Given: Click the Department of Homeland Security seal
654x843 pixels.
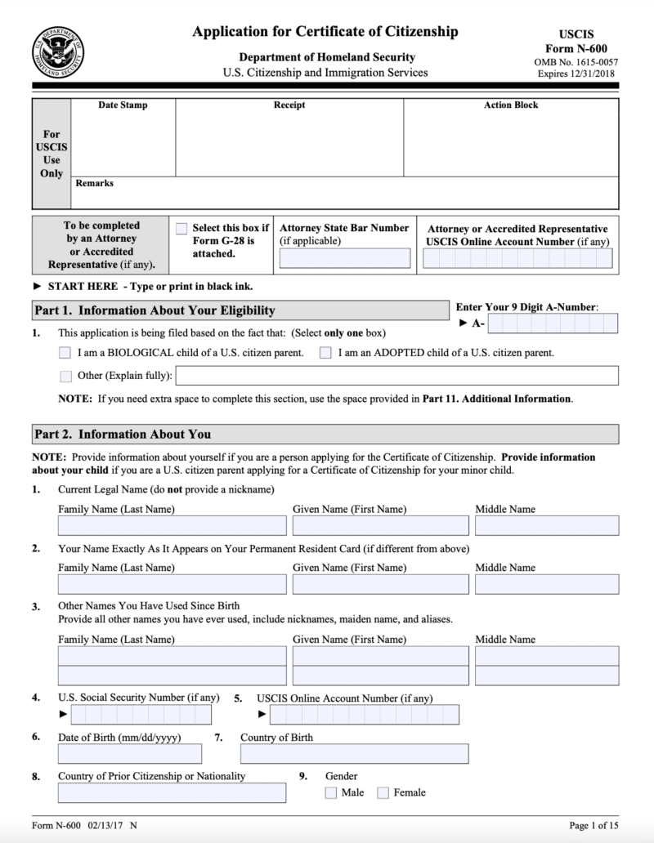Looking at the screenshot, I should point(57,51).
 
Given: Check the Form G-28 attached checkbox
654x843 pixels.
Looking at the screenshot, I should point(181,229).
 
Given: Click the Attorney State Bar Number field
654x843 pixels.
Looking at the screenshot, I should point(344,259).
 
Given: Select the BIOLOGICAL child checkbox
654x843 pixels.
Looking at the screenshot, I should point(65,353).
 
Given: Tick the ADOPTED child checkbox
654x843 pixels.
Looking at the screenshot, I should point(325,353).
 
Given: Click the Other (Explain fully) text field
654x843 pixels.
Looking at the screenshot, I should point(396,376).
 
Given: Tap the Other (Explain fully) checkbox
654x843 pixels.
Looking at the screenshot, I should point(65,376).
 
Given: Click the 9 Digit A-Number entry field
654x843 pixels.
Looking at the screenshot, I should point(552,324).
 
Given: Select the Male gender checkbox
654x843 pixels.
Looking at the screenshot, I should point(331,792).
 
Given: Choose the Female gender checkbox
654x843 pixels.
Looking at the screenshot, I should point(383,792).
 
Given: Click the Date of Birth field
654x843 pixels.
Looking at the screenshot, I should point(129,753).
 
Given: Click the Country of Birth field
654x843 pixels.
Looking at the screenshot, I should point(354,753).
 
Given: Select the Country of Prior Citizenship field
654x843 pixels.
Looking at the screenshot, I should point(172,792).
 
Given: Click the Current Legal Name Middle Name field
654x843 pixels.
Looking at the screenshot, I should point(546,525).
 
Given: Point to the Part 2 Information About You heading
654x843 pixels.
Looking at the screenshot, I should point(123,435).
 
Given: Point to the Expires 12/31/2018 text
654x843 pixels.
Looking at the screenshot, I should point(576,74).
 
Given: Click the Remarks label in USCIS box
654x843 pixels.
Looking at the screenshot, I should point(94,183).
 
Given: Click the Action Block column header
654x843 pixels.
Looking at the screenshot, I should point(511,105).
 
